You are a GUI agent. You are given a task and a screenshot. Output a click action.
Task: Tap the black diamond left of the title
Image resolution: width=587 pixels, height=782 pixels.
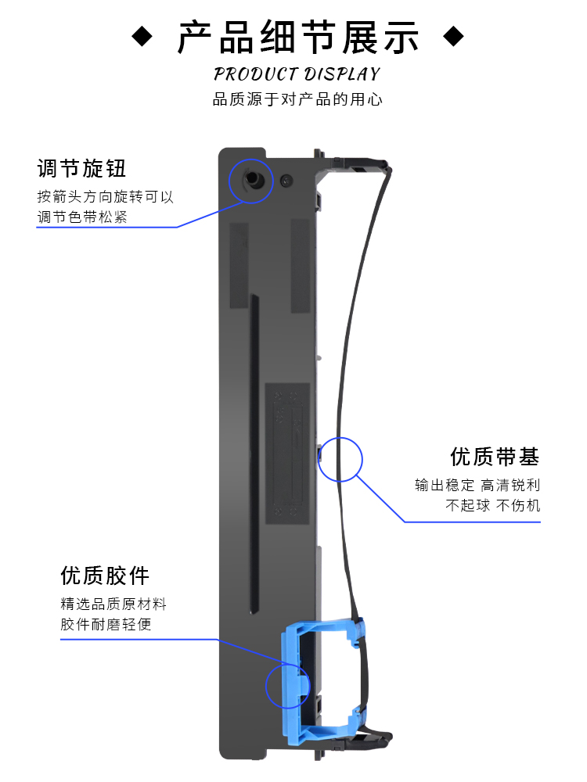(x=142, y=37)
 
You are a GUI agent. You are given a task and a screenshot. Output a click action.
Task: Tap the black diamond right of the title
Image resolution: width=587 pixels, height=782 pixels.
(x=454, y=37)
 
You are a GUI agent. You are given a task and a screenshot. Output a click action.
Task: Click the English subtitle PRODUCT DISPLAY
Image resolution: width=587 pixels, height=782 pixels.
(x=297, y=74)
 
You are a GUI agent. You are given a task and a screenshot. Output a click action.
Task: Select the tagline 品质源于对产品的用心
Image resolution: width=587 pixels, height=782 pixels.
(x=297, y=100)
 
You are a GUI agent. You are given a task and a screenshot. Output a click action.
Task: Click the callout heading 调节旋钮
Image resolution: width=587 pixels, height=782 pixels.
(x=81, y=168)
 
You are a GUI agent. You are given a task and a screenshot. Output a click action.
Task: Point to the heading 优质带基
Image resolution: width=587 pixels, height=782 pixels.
(x=495, y=457)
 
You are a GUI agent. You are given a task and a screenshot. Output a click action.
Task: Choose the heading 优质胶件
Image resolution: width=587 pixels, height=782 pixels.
(x=105, y=576)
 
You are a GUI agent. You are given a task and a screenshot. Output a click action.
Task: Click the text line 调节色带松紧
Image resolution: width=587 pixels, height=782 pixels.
(x=82, y=217)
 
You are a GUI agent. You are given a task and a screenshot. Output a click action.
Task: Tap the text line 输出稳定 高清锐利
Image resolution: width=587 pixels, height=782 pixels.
(x=477, y=486)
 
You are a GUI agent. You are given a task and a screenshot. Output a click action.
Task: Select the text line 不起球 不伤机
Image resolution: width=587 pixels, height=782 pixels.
(x=493, y=506)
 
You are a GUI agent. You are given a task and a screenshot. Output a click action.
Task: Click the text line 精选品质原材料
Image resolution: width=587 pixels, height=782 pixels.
(x=113, y=604)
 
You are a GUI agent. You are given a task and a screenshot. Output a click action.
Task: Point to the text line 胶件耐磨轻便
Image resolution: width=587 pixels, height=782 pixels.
(x=106, y=624)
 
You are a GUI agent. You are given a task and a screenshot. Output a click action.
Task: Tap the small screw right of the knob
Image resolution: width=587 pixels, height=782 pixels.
(x=285, y=179)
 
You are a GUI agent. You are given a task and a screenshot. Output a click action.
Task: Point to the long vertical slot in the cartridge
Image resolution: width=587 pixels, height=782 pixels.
(x=254, y=454)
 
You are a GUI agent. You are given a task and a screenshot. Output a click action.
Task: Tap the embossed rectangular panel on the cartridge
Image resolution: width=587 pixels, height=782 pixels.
(x=287, y=453)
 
